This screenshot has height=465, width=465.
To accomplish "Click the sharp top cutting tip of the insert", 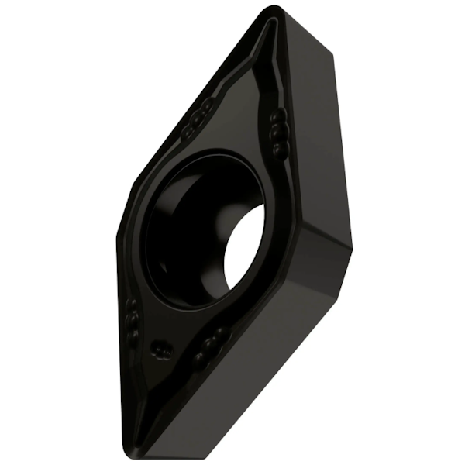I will [274, 11].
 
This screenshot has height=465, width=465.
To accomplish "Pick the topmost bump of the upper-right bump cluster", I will [277, 116].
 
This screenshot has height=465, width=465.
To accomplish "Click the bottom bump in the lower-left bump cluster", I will [133, 335].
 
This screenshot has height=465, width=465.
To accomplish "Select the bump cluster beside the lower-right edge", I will [211, 344].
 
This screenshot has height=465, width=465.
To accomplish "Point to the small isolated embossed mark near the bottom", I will [160, 350].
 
